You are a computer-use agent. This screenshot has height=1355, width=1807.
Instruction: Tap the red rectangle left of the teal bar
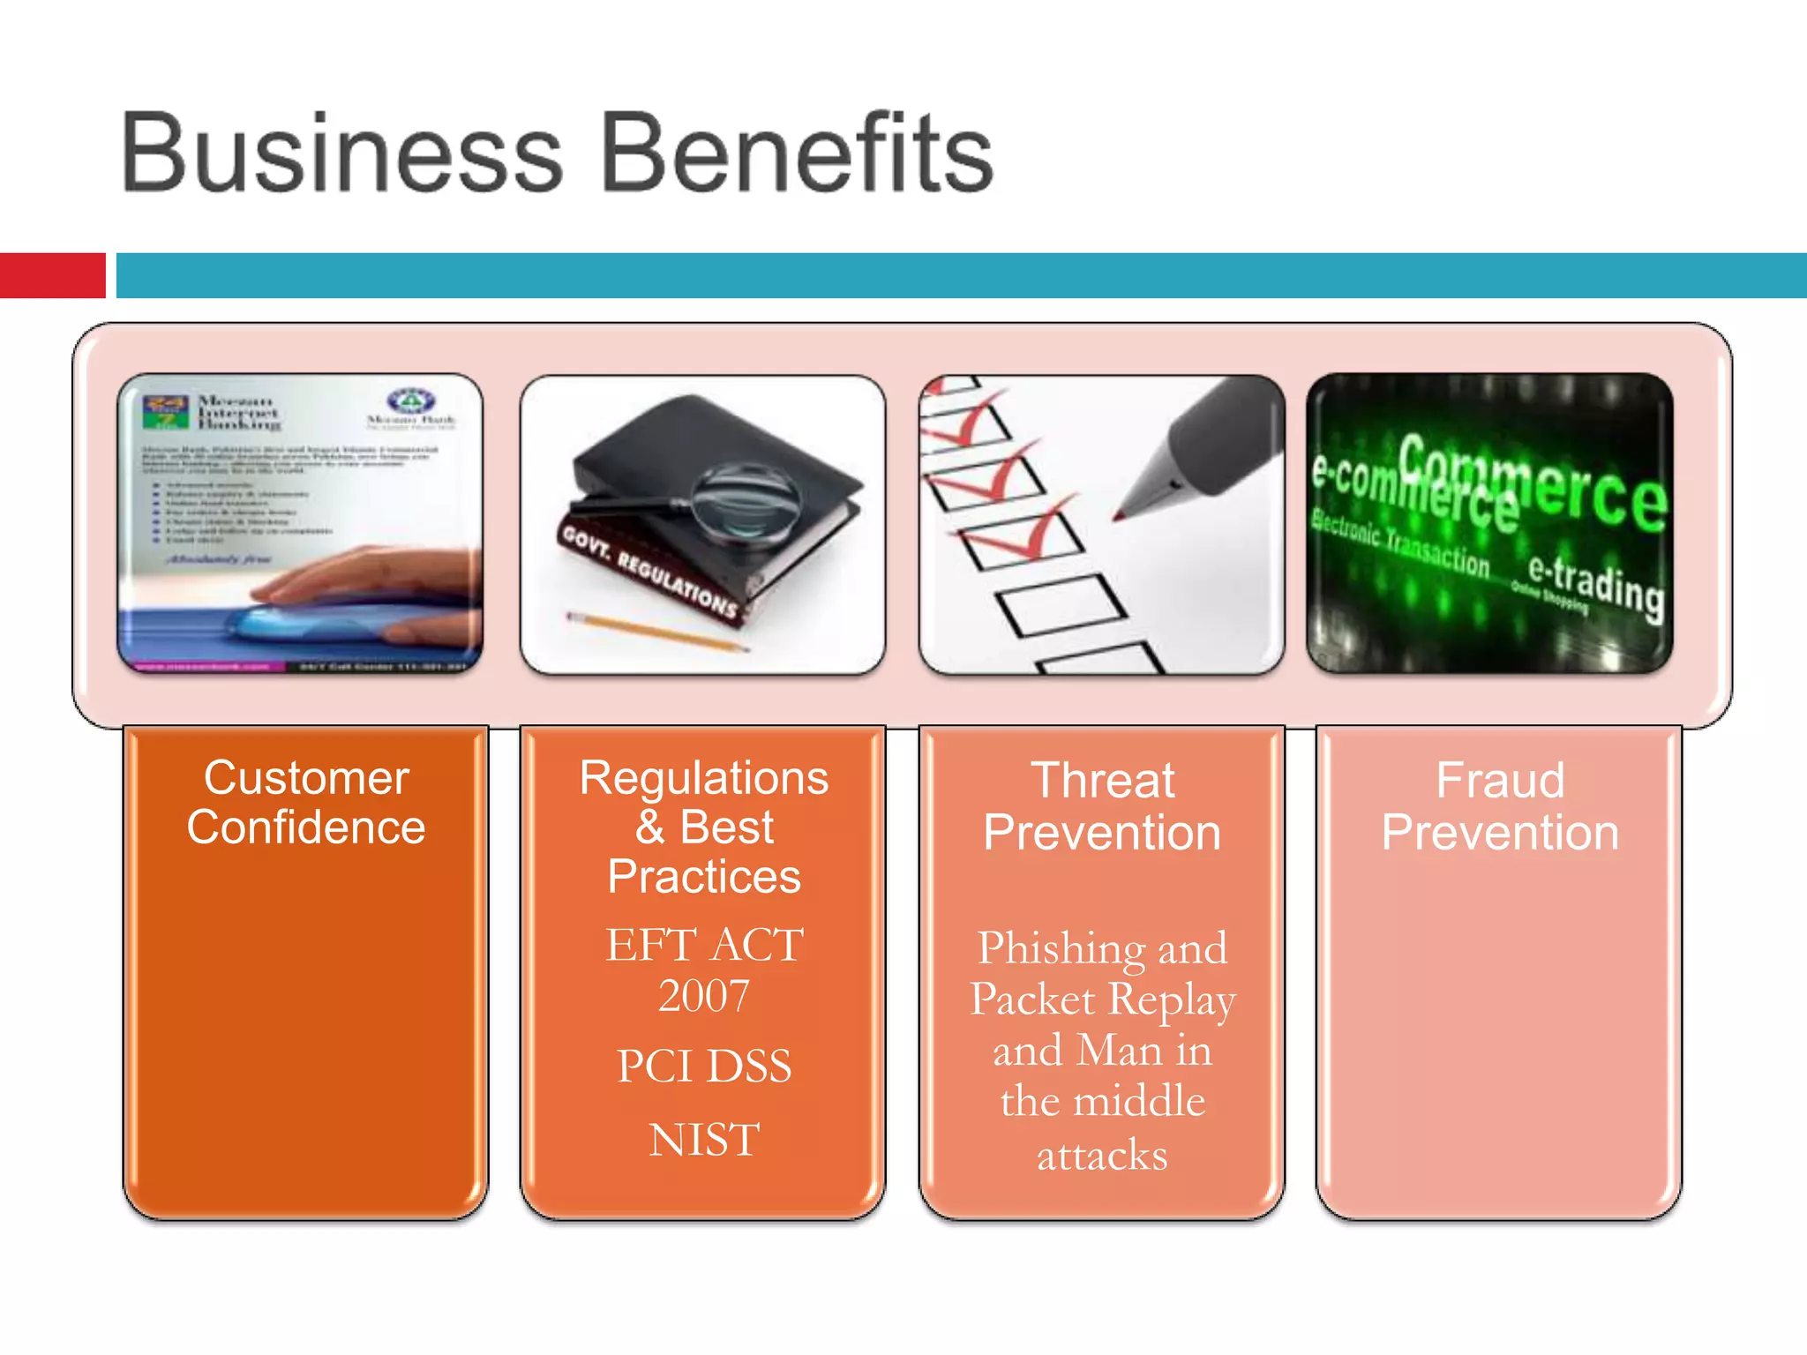52,275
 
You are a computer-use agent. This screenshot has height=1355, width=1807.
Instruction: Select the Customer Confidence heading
306,802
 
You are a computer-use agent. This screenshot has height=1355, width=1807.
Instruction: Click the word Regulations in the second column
703,778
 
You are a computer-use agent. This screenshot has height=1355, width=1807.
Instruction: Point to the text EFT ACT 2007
704,969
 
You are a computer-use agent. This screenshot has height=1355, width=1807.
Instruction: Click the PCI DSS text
704,1066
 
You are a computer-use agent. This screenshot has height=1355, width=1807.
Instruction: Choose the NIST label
704,1139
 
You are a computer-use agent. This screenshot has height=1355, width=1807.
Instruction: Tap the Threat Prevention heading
1102,805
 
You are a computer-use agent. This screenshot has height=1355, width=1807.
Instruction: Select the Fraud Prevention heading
1500,805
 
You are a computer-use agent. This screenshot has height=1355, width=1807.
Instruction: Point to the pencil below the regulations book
657,632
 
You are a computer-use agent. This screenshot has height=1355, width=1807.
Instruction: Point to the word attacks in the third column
1102,1155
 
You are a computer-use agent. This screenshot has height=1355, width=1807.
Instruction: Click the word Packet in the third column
1032,999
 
